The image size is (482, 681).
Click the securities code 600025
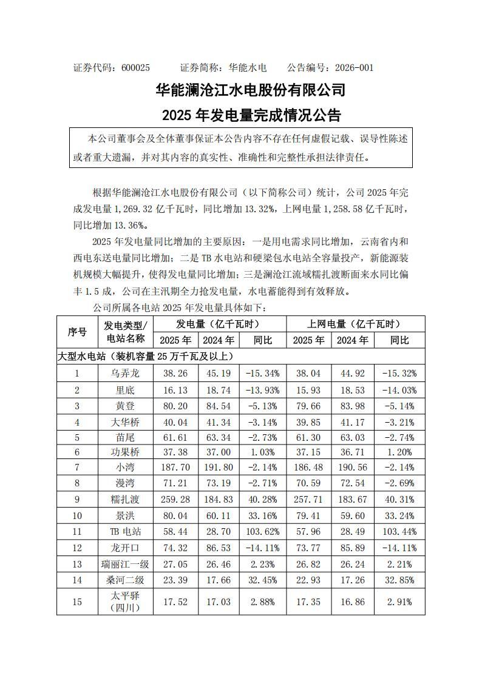pyautogui.click(x=135, y=68)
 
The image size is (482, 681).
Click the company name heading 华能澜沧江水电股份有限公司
pyautogui.click(x=251, y=90)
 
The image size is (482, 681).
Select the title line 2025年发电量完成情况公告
pyautogui.click(x=251, y=115)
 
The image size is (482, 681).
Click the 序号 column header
pyautogui.click(x=78, y=332)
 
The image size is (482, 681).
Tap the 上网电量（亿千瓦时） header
pyautogui.click(x=355, y=324)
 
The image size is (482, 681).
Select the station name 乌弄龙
pyautogui.click(x=124, y=374)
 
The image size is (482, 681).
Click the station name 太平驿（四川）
pyautogui.click(x=124, y=602)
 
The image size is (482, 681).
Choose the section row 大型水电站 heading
pyautogui.click(x=146, y=356)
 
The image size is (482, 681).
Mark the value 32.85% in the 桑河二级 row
pyautogui.click(x=399, y=580)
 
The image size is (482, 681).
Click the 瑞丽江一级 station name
pyautogui.click(x=124, y=565)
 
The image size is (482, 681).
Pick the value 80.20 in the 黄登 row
pyautogui.click(x=175, y=405)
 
